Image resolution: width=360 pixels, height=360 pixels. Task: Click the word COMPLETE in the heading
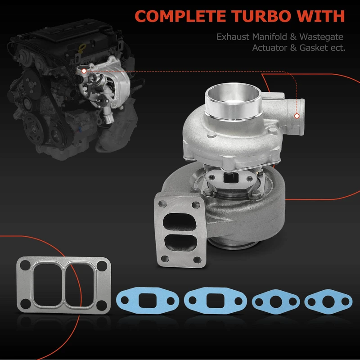tap(180, 16)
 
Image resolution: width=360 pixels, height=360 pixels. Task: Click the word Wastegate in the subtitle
tap(321, 37)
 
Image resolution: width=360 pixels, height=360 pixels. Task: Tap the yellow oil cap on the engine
tap(81, 49)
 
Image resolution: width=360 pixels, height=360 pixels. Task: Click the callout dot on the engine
tap(84, 71)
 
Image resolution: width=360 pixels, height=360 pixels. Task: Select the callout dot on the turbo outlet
tap(297, 116)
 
